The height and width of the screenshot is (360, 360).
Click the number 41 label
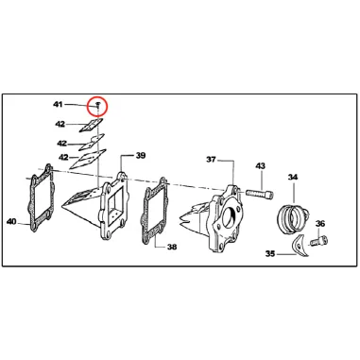pyautogui.click(x=58, y=104)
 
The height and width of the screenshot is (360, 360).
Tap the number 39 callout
pyautogui.click(x=140, y=156)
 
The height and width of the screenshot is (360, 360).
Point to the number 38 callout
pyautogui.click(x=172, y=248)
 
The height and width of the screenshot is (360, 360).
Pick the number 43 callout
pyautogui.click(x=261, y=166)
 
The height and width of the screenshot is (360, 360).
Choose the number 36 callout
pyautogui.click(x=320, y=224)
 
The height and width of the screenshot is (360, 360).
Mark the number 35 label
pyautogui.click(x=269, y=253)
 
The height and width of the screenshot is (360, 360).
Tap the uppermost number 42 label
pyautogui.click(x=60, y=123)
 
